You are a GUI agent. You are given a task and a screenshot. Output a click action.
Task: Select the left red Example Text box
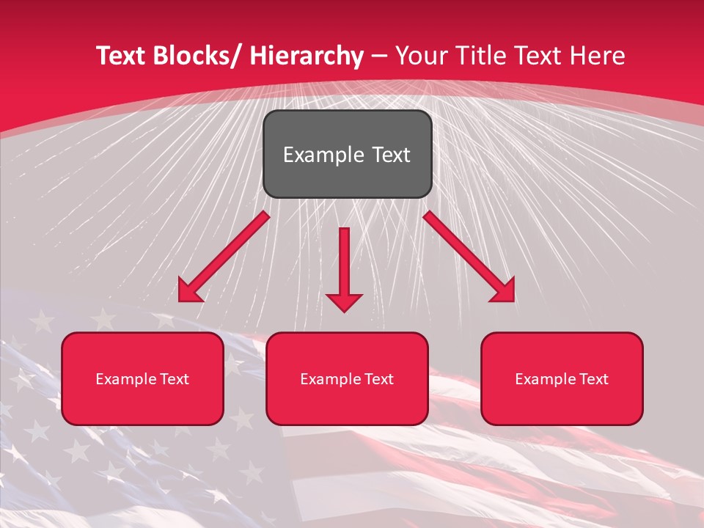pyautogui.click(x=142, y=378)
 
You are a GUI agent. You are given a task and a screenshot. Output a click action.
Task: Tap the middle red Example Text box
pyautogui.click(x=347, y=378)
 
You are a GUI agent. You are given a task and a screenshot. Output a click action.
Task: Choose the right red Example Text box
pyautogui.click(x=562, y=378)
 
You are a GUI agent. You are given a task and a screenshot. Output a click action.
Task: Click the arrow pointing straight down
pyautogui.click(x=344, y=268)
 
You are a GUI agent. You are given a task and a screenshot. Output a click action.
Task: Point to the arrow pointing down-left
pyautogui.click(x=224, y=257)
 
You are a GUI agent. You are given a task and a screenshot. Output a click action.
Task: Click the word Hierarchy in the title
pyautogui.click(x=307, y=56)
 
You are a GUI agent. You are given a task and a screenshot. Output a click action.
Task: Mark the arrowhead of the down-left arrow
pyautogui.click(x=189, y=291)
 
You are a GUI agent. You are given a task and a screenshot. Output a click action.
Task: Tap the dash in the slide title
pyautogui.click(x=379, y=56)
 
